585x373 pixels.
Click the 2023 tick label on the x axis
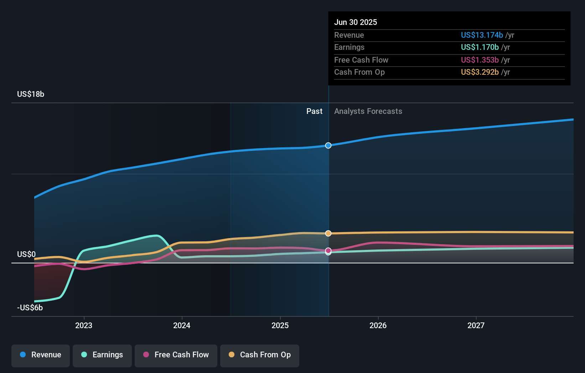pos(84,325)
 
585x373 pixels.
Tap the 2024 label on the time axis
pos(182,325)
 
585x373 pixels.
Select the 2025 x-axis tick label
pos(280,325)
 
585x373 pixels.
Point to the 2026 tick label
pos(378,325)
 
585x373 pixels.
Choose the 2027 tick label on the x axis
pos(476,325)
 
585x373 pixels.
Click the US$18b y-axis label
pos(31,94)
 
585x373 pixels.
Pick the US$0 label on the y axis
pos(26,254)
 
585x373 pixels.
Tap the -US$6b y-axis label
pos(30,308)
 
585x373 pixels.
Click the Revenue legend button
pos(41,355)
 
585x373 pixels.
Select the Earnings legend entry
pos(102,355)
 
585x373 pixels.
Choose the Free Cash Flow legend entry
pos(176,355)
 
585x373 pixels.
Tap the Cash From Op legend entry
pos(260,355)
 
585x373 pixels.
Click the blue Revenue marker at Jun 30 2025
pos(328,146)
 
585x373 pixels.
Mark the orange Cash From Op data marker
pos(328,233)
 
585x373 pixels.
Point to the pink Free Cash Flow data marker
pos(328,251)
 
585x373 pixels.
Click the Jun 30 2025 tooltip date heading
pos(356,22)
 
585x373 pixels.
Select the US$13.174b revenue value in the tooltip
pos(482,35)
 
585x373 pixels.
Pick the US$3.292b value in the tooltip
pos(480,72)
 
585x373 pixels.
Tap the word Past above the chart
pos(314,111)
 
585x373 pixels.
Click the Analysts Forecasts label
pos(368,111)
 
